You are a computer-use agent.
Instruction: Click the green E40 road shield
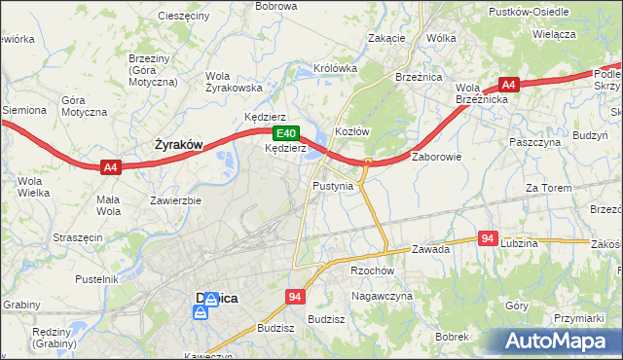click(284, 133)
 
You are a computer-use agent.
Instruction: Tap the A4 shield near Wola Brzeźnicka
click(508, 85)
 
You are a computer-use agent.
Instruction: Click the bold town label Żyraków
click(179, 145)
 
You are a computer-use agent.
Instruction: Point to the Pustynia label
click(333, 185)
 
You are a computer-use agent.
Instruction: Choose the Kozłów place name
click(352, 131)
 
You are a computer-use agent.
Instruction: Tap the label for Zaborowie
click(436, 156)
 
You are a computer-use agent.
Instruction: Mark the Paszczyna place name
click(532, 141)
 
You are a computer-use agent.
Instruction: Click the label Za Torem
click(546, 188)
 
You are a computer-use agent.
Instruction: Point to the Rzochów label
click(372, 271)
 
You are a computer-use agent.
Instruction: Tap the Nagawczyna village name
click(382, 295)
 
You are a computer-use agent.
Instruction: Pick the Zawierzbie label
click(175, 201)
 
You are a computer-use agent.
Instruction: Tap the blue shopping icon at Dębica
click(201, 312)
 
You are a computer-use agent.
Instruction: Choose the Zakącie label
click(386, 38)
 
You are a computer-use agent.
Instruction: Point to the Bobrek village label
click(453, 336)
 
